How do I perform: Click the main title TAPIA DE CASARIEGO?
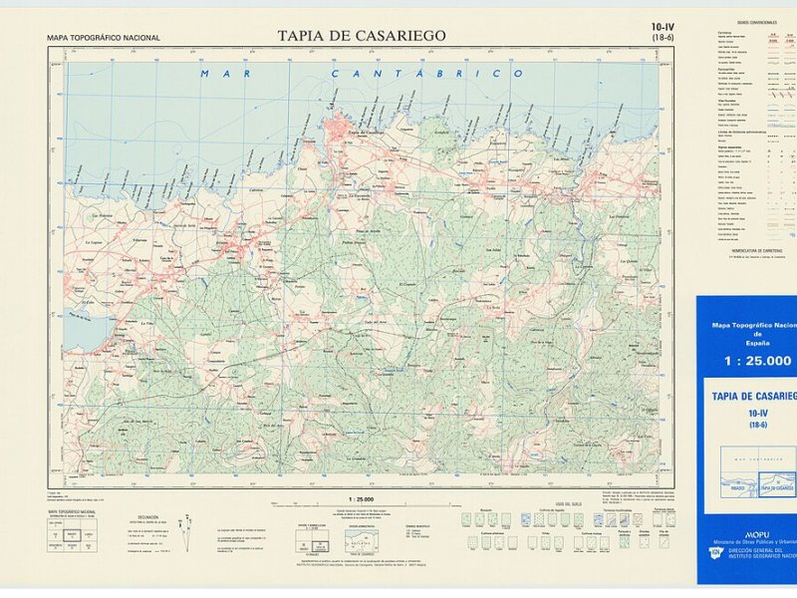(363, 36)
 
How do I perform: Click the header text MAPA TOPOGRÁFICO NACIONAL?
(103, 38)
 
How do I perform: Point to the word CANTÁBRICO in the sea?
(427, 74)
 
